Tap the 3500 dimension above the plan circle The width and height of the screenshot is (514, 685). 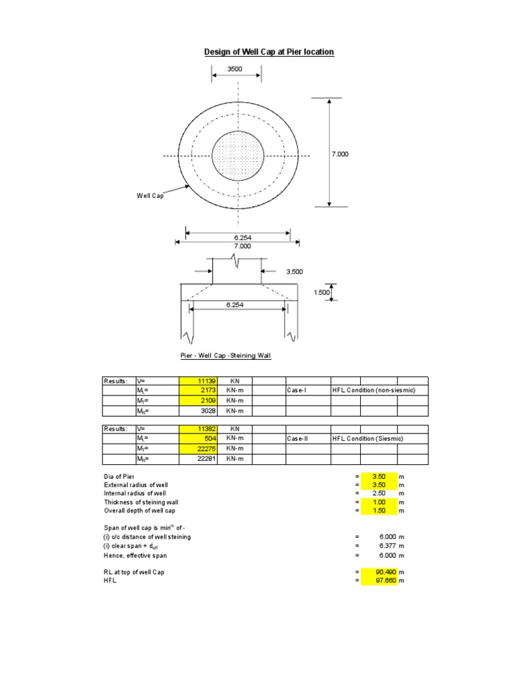tap(235, 68)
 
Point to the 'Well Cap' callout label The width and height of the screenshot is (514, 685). tap(150, 196)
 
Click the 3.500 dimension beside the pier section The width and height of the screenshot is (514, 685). tap(294, 272)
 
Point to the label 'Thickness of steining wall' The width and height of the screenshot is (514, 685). tap(141, 502)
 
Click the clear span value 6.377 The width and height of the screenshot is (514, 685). tap(380, 546)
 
